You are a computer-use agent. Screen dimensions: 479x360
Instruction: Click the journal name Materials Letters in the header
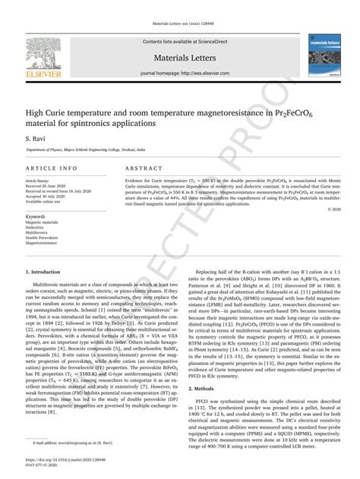179,57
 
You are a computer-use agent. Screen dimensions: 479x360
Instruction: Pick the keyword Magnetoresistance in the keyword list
44,244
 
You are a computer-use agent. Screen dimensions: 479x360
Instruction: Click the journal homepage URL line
179,73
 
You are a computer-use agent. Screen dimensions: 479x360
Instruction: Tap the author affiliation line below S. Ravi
99,152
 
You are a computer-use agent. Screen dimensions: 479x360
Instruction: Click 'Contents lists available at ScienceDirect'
179,41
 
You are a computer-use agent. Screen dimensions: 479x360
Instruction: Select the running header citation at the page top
179,24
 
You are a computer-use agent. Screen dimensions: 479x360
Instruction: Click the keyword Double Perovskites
45,238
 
